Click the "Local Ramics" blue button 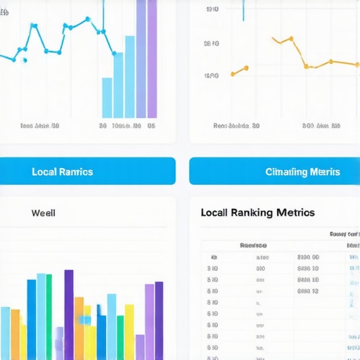[x=63, y=172]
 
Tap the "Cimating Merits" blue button [x=302, y=172]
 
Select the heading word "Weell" [x=44, y=212]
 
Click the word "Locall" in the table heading [x=217, y=212]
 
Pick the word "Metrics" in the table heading [x=295, y=212]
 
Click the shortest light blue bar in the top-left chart [x=107, y=98]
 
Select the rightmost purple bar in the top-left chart [x=152, y=59]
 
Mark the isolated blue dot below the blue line [x=25, y=60]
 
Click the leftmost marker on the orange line [x=233, y=73]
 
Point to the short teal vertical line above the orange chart [x=243, y=10]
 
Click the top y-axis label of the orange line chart [x=212, y=10]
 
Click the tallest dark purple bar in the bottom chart [x=69, y=314]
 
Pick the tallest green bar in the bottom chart [x=49, y=316]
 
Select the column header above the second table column [x=253, y=246]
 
